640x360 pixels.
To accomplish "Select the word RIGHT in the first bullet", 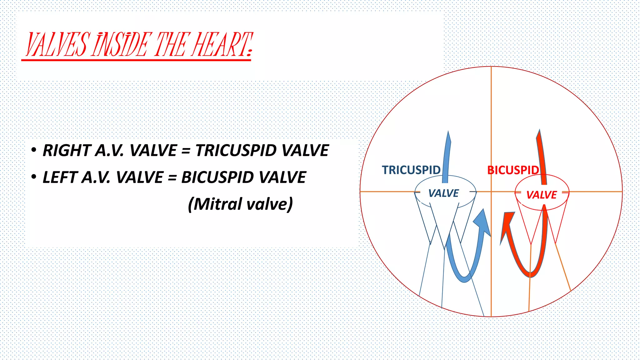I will coord(66,150).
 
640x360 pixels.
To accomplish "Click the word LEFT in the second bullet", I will coord(60,177).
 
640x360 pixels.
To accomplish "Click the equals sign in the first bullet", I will coord(186,151).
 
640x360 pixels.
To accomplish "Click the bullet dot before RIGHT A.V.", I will coord(34,150).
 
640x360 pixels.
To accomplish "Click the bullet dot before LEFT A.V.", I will coord(34,177).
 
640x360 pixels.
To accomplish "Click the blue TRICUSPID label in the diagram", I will coord(411,170).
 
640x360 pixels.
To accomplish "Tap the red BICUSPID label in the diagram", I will coord(513,170).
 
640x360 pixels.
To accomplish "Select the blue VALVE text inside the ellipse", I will coord(443,193).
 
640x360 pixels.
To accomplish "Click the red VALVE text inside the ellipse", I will coord(541,195).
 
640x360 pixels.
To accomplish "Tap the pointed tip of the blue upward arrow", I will coord(449,132).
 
